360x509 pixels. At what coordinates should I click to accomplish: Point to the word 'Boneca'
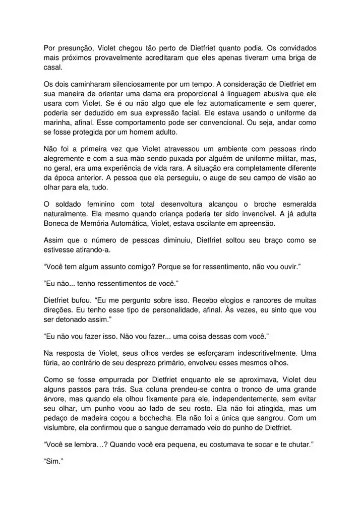pyautogui.click(x=56, y=223)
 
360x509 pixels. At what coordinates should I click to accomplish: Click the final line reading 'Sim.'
pyautogui.click(x=52, y=461)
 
